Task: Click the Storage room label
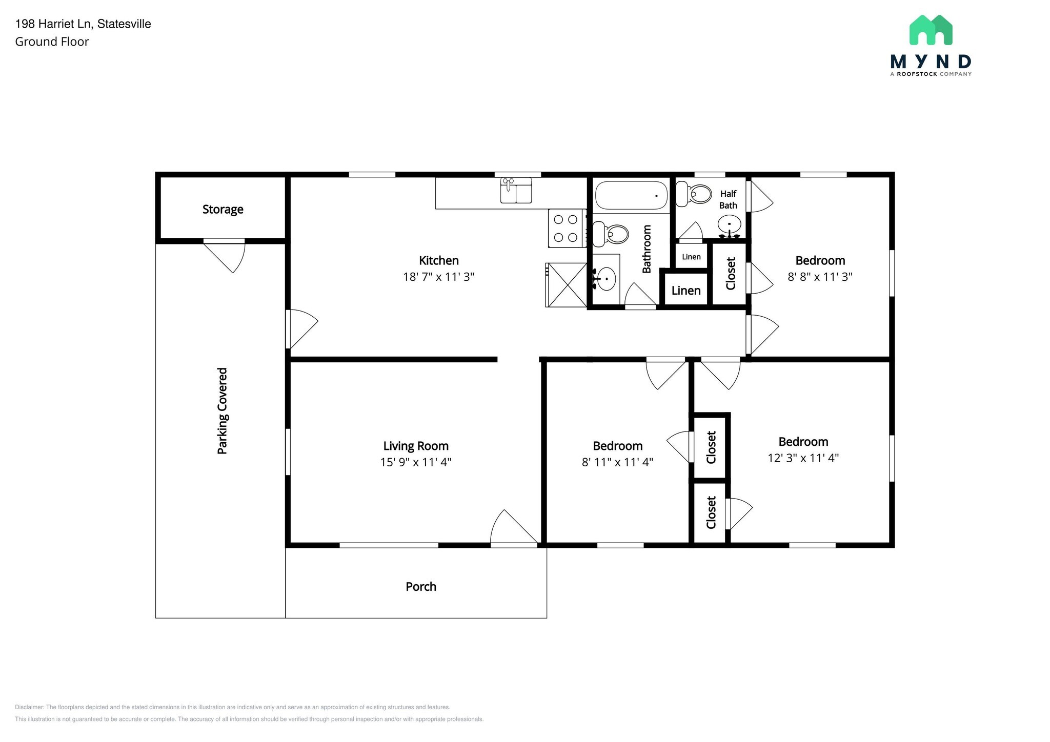point(223,209)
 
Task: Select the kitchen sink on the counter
point(516,191)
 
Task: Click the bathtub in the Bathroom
point(631,195)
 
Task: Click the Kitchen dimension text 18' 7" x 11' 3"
point(438,277)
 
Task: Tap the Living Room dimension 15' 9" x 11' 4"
point(415,462)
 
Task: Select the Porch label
point(421,587)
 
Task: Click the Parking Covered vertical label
point(222,411)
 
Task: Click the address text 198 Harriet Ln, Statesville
point(83,24)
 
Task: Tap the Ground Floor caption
point(52,42)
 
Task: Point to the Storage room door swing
point(224,257)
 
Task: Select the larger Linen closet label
point(686,291)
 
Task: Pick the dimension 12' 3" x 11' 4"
point(803,458)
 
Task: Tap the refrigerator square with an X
point(567,285)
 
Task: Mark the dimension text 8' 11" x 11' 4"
point(617,462)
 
